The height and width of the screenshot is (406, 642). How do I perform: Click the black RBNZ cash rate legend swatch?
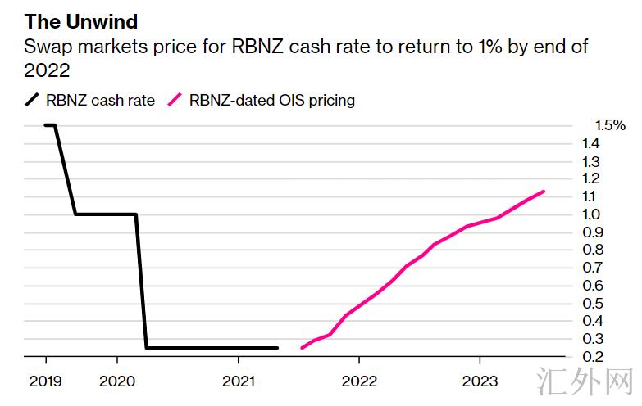[x=32, y=101]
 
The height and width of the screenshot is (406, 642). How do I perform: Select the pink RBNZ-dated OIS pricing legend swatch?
[x=175, y=101]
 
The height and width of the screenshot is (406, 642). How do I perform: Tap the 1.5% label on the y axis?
[x=610, y=125]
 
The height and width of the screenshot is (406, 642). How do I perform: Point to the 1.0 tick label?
[x=591, y=214]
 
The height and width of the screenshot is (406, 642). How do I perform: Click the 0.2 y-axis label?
[x=591, y=357]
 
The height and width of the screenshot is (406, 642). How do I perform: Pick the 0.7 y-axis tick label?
[x=591, y=268]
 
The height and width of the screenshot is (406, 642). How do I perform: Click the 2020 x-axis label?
[x=116, y=381]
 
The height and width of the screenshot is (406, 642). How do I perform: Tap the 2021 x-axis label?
[x=238, y=381]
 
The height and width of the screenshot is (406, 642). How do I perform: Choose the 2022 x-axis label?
[x=358, y=381]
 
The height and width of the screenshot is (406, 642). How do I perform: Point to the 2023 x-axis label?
[x=479, y=381]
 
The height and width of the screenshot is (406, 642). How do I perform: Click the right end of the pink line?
[x=544, y=192]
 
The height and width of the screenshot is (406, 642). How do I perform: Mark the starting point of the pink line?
[x=303, y=348]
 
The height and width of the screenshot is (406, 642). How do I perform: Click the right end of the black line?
[x=278, y=348]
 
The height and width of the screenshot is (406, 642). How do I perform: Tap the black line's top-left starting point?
[x=45, y=125]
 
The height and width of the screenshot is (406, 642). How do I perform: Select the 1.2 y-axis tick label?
[x=591, y=178]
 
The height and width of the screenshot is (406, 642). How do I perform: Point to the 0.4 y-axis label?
[x=591, y=321]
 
